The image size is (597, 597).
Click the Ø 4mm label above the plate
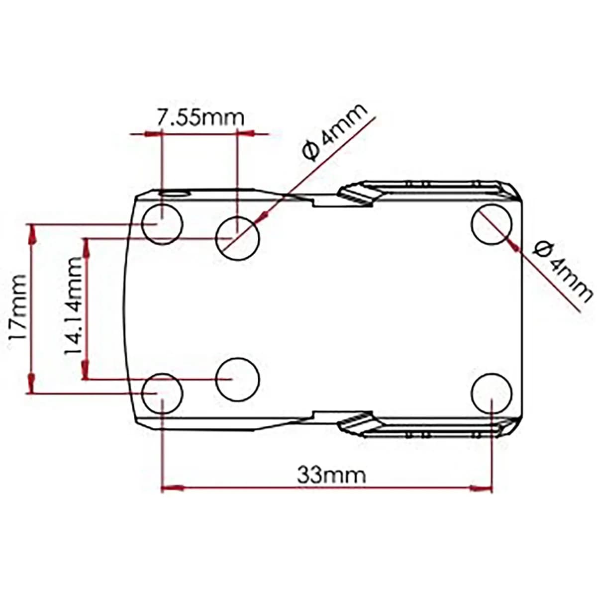click(335, 133)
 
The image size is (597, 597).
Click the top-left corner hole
click(162, 224)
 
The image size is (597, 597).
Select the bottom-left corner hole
click(162, 393)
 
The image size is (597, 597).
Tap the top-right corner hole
click(492, 224)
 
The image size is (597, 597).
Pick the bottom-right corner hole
click(492, 393)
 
